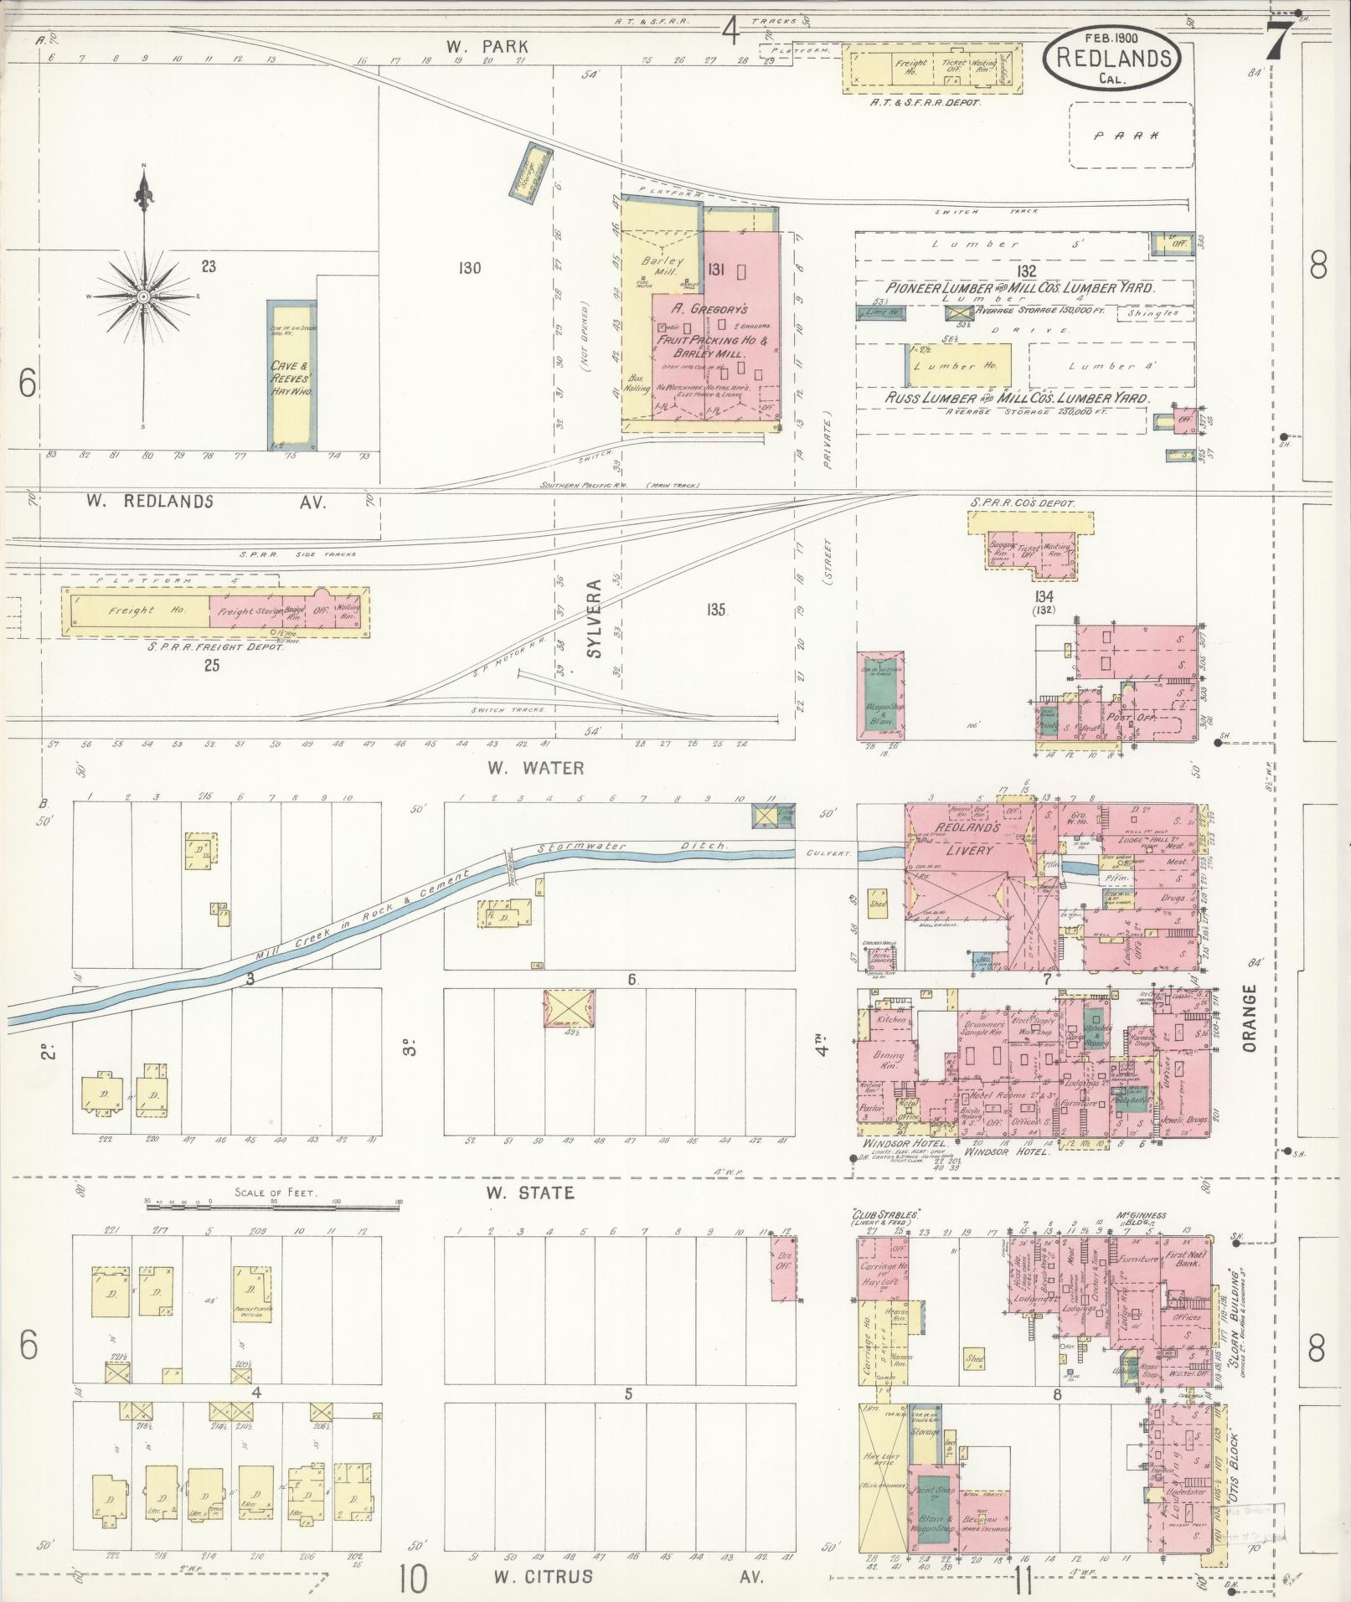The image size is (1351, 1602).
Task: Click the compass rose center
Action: [x=144, y=297]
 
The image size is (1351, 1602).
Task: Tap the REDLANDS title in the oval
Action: [x=1112, y=58]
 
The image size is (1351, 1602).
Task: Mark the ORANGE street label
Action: [x=1250, y=1017]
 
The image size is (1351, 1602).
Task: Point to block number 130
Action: [x=470, y=268]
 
